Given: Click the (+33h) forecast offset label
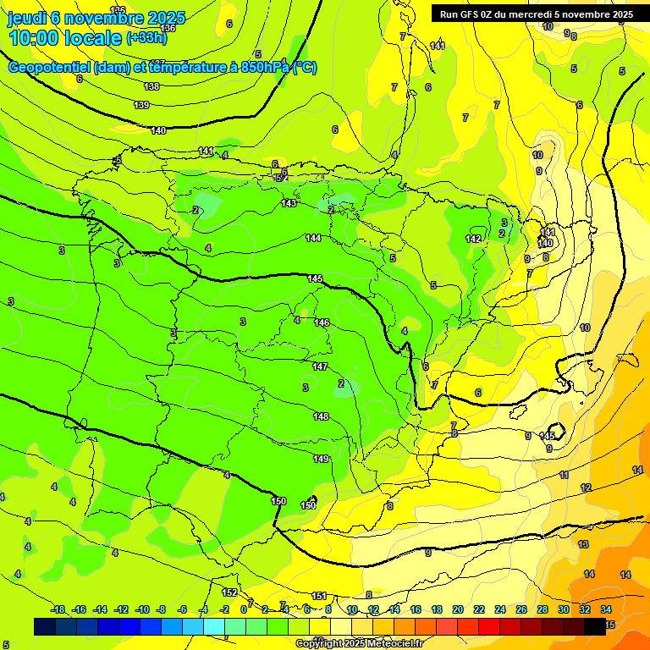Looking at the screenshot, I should [146, 38].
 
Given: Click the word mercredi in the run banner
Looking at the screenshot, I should [524, 14].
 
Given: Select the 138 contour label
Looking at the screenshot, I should [151, 86].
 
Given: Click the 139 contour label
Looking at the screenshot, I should [142, 105].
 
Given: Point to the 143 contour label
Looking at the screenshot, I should [289, 203].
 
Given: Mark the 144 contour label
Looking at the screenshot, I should [313, 239].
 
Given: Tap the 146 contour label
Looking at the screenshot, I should [322, 322].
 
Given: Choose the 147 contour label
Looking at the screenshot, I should [320, 366].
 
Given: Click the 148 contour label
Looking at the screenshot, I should [321, 416].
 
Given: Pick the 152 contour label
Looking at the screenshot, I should [229, 592].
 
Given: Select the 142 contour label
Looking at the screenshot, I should [473, 240].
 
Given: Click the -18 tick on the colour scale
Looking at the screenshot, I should [58, 609].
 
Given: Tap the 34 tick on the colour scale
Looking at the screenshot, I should [606, 609].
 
